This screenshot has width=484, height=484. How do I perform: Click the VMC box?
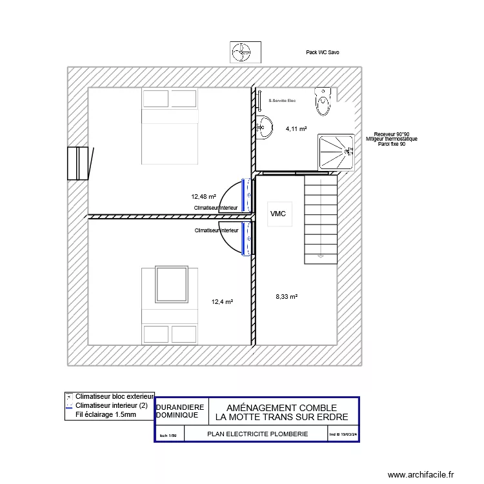[278, 214]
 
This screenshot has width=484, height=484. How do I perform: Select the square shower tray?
[336, 152]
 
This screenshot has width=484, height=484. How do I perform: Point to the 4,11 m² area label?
[296, 129]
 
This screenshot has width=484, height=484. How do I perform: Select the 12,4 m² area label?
[222, 301]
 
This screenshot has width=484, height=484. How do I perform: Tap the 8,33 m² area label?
[286, 297]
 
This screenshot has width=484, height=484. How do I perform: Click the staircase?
[321, 219]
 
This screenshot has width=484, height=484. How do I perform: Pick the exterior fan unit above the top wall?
[245, 52]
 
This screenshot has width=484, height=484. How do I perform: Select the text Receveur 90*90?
[392, 134]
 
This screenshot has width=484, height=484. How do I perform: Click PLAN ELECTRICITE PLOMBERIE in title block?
[257, 435]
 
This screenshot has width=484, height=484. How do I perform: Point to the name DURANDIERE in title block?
[180, 407]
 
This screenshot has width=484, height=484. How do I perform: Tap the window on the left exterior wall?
[77, 164]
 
